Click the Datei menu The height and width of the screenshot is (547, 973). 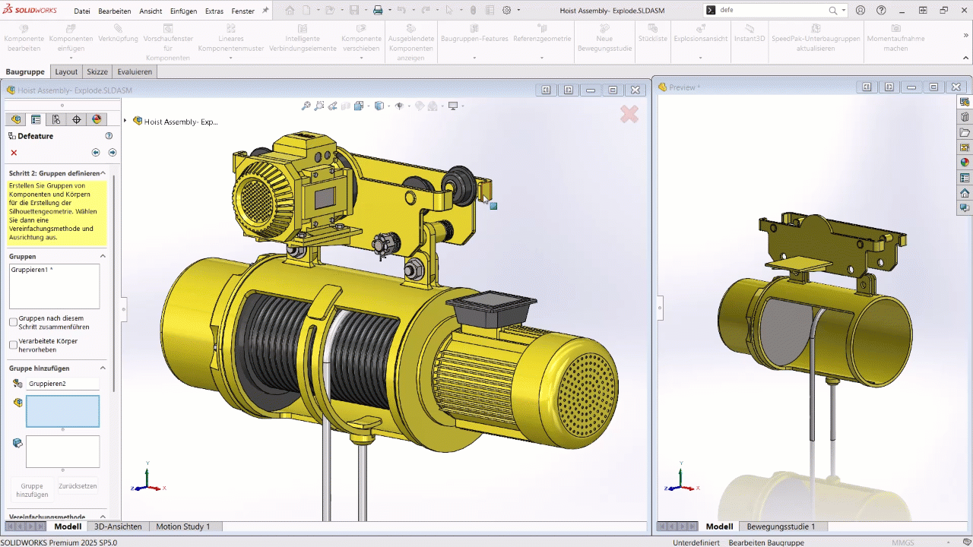(x=82, y=11)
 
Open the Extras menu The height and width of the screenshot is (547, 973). (x=214, y=11)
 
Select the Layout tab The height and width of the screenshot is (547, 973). (x=66, y=71)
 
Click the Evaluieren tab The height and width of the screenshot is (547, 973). (x=135, y=71)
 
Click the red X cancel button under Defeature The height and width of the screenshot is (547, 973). (x=14, y=153)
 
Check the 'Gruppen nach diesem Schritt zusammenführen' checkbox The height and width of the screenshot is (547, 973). (x=13, y=322)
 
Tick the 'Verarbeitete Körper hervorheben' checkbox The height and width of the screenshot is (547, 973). (x=13, y=345)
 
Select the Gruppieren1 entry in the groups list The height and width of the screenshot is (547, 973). (x=31, y=270)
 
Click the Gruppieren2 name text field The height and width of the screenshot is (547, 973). (x=63, y=384)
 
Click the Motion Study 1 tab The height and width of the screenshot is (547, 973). (x=182, y=526)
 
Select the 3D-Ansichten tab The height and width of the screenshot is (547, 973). (x=118, y=526)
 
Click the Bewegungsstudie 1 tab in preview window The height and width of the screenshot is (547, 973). (x=781, y=526)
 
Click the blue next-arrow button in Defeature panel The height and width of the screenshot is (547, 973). (x=112, y=153)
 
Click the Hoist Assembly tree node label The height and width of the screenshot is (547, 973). (x=181, y=121)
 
